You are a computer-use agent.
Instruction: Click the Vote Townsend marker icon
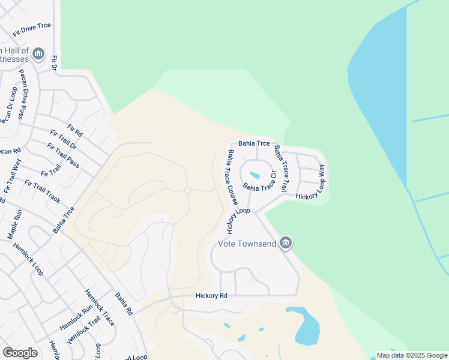click(286, 242)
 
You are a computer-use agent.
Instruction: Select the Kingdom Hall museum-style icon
click(38, 55)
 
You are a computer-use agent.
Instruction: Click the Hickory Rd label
click(211, 296)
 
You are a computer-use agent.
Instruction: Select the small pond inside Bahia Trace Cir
click(255, 176)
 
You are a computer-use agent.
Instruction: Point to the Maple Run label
click(15, 223)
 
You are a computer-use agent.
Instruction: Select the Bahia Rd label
click(125, 304)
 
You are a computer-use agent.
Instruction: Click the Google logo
click(20, 353)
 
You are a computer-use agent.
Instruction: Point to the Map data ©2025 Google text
click(412, 355)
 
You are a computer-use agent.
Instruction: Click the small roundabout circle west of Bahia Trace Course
click(187, 190)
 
